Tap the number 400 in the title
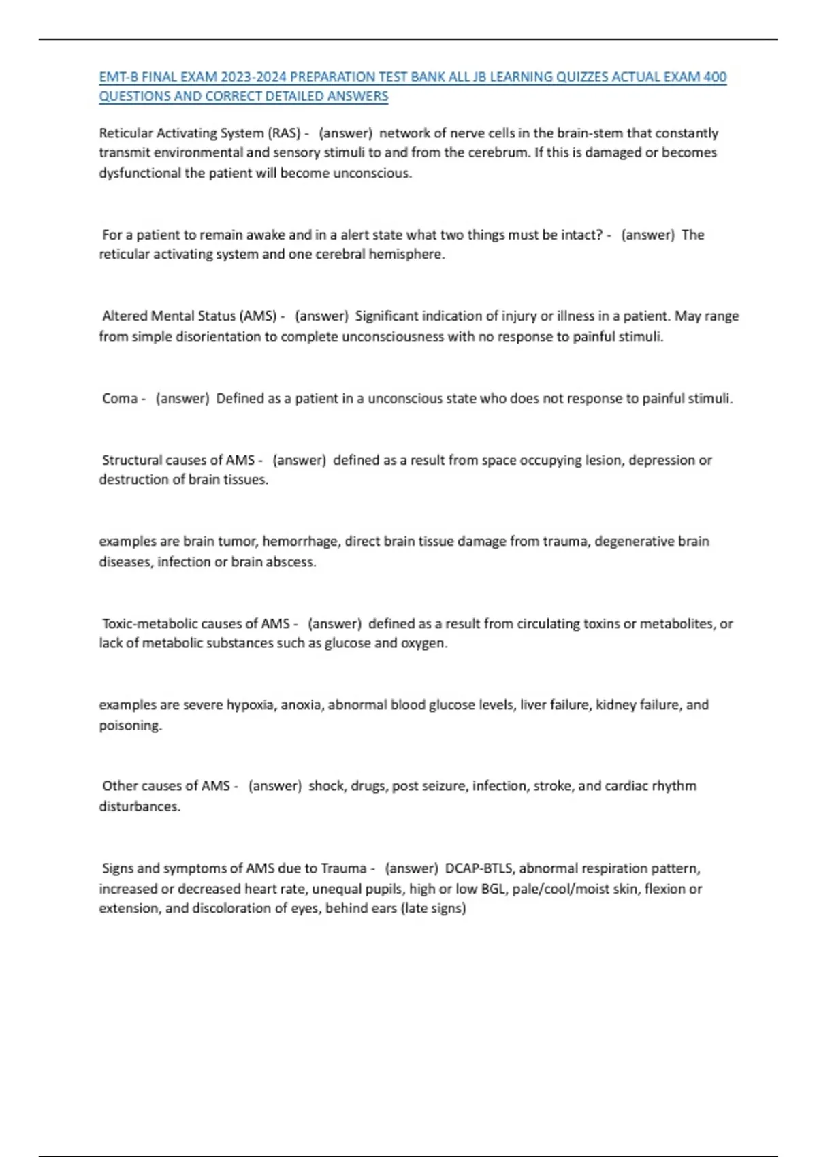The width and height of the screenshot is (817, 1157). pos(715,77)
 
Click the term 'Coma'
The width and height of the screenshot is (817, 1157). pos(120,399)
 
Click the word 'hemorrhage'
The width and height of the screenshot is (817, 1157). pos(300,542)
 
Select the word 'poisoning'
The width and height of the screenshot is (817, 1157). pos(130,726)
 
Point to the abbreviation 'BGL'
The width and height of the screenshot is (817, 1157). pos(494,889)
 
